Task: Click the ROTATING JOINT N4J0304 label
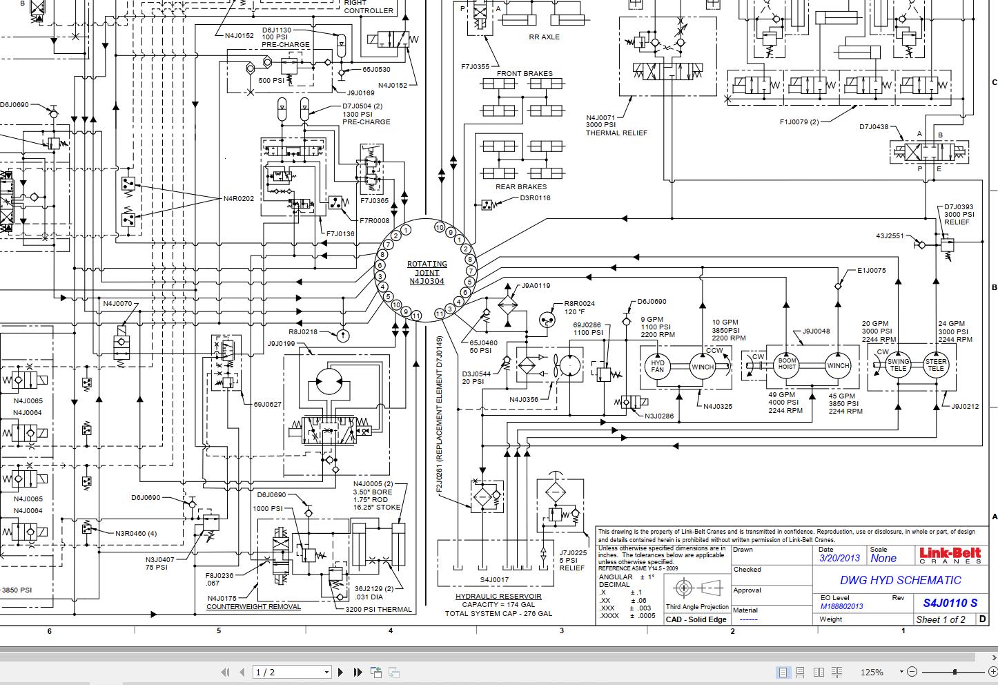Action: pyautogui.click(x=427, y=273)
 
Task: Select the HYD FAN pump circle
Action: pyautogui.click(x=657, y=367)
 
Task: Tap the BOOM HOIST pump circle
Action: pyautogui.click(x=787, y=365)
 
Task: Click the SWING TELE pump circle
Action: pyautogui.click(x=898, y=365)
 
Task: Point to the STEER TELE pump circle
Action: pyautogui.click(x=936, y=365)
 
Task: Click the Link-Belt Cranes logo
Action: pyautogui.click(x=949, y=555)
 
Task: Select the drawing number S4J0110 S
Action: pyautogui.click(x=950, y=602)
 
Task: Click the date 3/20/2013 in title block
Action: pyautogui.click(x=840, y=559)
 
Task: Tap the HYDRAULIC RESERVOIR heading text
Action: pyautogui.click(x=498, y=596)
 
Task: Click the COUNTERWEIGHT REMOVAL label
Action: pyautogui.click(x=253, y=607)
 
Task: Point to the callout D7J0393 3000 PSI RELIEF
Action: pyautogui.click(x=959, y=214)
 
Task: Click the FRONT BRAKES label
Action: pyautogui.click(x=525, y=73)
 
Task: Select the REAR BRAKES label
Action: pyautogui.click(x=520, y=186)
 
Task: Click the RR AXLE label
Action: pyautogui.click(x=544, y=37)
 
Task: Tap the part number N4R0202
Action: pyautogui.click(x=238, y=199)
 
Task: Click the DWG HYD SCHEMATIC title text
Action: pyautogui.click(x=900, y=580)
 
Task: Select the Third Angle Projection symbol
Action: pyautogui.click(x=697, y=588)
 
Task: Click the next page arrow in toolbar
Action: pyautogui.click(x=340, y=672)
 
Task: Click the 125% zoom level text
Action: pyautogui.click(x=872, y=672)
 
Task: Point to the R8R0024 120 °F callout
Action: pyautogui.click(x=579, y=307)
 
